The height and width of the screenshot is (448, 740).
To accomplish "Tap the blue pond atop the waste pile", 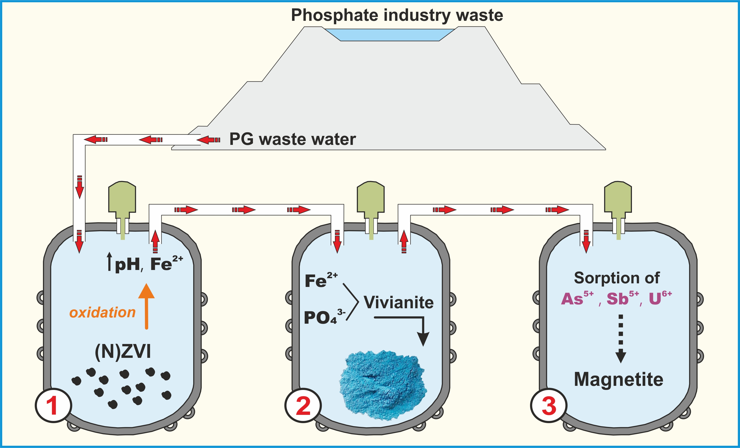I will click(390, 35).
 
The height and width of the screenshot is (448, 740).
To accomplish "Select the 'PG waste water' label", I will click(293, 139).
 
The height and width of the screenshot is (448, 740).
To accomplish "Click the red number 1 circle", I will click(53, 405).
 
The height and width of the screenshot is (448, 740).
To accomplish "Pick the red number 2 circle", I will click(303, 405).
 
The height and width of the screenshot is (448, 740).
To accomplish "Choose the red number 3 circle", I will click(548, 405).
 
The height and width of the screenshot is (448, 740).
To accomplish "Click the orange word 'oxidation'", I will click(102, 312).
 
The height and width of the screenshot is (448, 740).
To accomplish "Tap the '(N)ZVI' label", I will click(122, 351).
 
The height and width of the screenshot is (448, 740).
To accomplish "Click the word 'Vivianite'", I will click(399, 302).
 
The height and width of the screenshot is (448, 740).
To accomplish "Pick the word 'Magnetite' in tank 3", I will click(618, 379).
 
